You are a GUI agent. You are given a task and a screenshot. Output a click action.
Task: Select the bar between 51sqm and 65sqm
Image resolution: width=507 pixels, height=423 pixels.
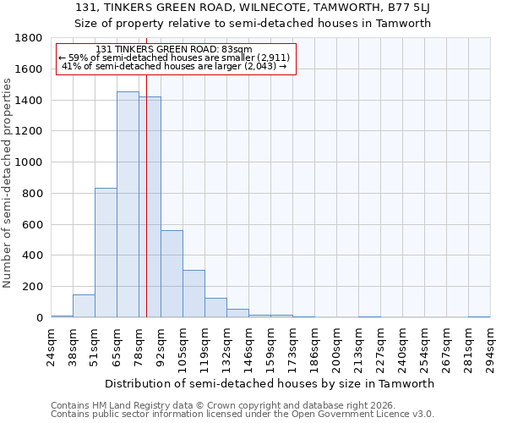click(106, 253)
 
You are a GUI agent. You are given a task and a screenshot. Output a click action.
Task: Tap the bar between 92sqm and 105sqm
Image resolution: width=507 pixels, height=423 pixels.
click(172, 274)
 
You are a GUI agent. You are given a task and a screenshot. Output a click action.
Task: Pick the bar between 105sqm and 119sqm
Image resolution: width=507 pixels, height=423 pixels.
click(194, 294)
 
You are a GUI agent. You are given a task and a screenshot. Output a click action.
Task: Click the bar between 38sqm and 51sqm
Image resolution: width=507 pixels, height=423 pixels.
click(84, 306)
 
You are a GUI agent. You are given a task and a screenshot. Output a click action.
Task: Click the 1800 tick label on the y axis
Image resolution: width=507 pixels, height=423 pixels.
click(28, 38)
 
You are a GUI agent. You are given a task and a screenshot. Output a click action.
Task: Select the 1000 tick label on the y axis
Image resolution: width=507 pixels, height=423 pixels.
click(28, 162)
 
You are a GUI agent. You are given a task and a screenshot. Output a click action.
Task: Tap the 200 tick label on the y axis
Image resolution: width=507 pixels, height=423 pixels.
click(31, 287)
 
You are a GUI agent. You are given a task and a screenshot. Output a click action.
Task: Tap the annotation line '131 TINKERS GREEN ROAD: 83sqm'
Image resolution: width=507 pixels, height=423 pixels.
click(175, 50)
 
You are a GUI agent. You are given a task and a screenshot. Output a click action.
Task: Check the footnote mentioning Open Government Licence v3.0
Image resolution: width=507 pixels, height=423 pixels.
click(243, 415)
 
